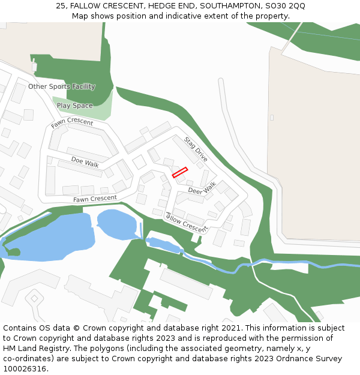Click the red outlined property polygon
pyautogui.click(x=180, y=172)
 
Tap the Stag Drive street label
pyautogui.click(x=196, y=149)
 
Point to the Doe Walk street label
pyautogui.click(x=85, y=162)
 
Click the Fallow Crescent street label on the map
pyautogui.click(x=186, y=222)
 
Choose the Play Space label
pyautogui.click(x=75, y=106)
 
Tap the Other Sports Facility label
pyautogui.click(x=62, y=86)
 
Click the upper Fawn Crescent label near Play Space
pyautogui.click(x=72, y=122)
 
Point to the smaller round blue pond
pyautogui.click(x=117, y=223)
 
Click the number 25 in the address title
pyautogui.click(x=61, y=5)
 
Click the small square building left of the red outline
pyautogui.click(x=139, y=162)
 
